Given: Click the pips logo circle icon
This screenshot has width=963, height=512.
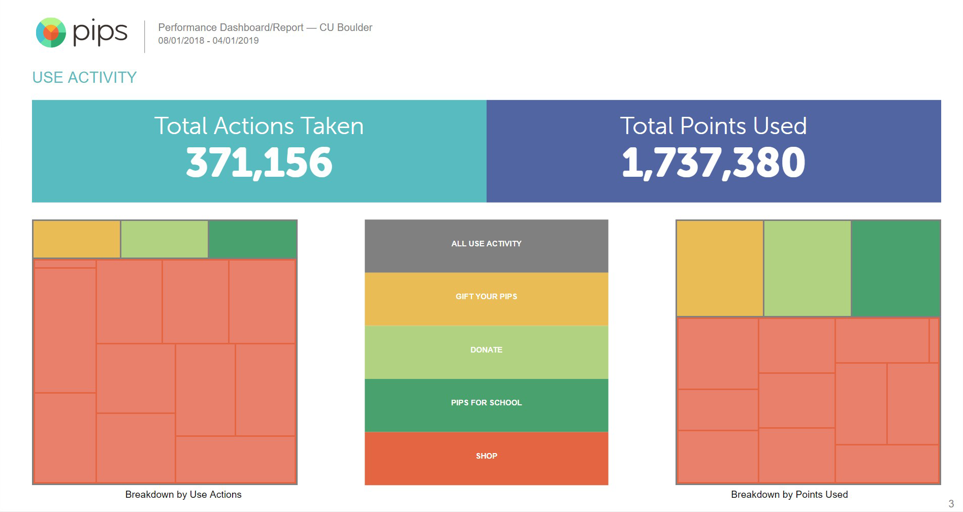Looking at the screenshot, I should pyautogui.click(x=51, y=33).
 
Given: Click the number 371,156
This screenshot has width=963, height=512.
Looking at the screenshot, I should pyautogui.click(x=259, y=163).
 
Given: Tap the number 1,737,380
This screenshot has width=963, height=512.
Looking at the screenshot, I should pyautogui.click(x=713, y=163).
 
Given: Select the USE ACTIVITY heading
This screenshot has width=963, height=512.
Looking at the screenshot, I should pyautogui.click(x=84, y=77).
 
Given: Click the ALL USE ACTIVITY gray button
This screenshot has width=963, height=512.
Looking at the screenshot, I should pyautogui.click(x=486, y=244).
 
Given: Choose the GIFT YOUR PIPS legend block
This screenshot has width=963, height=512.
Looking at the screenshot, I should pyautogui.click(x=486, y=297).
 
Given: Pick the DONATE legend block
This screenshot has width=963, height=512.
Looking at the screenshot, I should pyautogui.click(x=486, y=350).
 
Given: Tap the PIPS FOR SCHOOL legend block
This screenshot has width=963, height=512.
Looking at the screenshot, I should pyautogui.click(x=486, y=403).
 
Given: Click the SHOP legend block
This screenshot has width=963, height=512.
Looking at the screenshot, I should pyautogui.click(x=486, y=457).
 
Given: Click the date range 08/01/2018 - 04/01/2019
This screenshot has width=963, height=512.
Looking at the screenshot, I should pyautogui.click(x=208, y=41).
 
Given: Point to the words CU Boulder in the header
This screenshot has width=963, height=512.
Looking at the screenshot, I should pyautogui.click(x=346, y=27).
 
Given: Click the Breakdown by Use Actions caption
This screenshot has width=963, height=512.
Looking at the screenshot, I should pyautogui.click(x=183, y=495).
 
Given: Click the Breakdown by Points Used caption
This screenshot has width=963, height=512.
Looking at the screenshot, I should pyautogui.click(x=789, y=495).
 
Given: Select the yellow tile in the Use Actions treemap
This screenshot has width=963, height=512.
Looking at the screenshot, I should pyautogui.click(x=77, y=239).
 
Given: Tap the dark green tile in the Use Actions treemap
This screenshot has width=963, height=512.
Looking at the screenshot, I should pyautogui.click(x=252, y=239).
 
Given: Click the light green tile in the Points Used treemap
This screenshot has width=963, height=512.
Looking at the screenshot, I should pyautogui.click(x=807, y=268).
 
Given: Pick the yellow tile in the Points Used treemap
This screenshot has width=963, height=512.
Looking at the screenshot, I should pyautogui.click(x=720, y=268).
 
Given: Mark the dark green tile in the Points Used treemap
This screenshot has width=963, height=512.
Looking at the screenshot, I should pyautogui.click(x=895, y=268).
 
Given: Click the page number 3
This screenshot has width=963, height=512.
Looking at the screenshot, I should pyautogui.click(x=951, y=504).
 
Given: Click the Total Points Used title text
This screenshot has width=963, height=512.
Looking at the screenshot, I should pyautogui.click(x=713, y=126).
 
